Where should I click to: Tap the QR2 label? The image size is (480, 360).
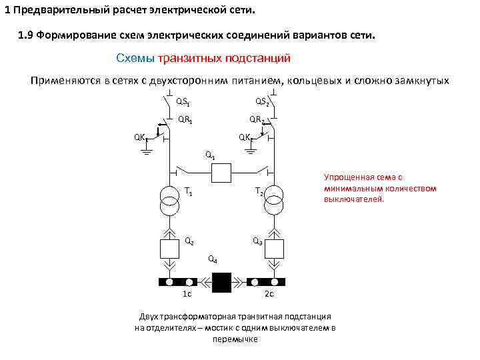(257, 120)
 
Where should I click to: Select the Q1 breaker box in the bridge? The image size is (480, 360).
(221, 173)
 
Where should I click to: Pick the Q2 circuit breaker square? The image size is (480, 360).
(169, 247)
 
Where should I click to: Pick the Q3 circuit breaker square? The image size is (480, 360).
(273, 247)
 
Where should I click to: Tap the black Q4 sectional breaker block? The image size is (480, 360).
(221, 282)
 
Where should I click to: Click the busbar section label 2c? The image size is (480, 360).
(269, 294)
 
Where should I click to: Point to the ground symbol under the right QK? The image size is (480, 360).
(251, 150)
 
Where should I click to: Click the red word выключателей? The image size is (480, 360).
(354, 199)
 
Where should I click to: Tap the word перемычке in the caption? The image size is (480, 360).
(235, 339)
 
